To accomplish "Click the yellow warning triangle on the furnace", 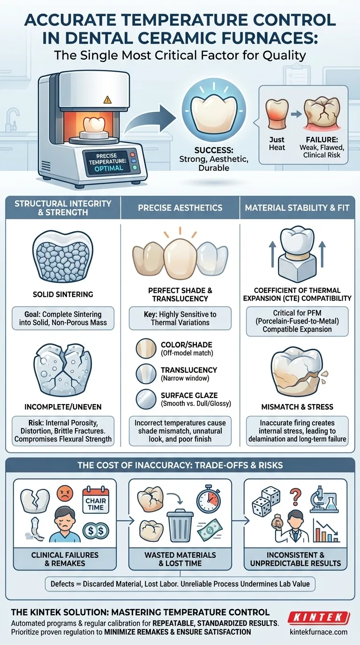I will coord(107,99).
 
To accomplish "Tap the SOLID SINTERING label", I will coord(62,295).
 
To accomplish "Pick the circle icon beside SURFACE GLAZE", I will coord(142,400).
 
